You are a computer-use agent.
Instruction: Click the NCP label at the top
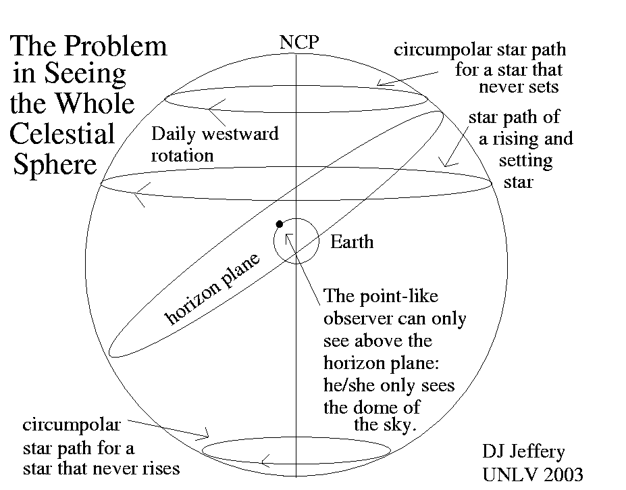click(x=298, y=43)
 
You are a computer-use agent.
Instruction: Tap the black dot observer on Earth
click(x=279, y=224)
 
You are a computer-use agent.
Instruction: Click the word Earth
click(x=351, y=242)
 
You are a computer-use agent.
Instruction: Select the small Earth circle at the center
click(x=296, y=241)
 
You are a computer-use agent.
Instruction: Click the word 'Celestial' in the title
click(x=62, y=133)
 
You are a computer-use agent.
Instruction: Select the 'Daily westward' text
click(x=215, y=133)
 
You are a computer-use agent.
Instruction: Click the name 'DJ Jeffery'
click(x=523, y=451)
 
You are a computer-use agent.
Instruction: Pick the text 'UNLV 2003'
click(x=532, y=474)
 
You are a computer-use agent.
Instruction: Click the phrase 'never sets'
click(x=518, y=87)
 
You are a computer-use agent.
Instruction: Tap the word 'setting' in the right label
click(x=525, y=161)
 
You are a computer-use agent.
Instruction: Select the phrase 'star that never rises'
click(x=101, y=468)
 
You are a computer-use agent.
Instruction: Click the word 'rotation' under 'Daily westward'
click(x=182, y=155)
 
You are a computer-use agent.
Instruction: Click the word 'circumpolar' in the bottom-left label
click(x=72, y=425)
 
